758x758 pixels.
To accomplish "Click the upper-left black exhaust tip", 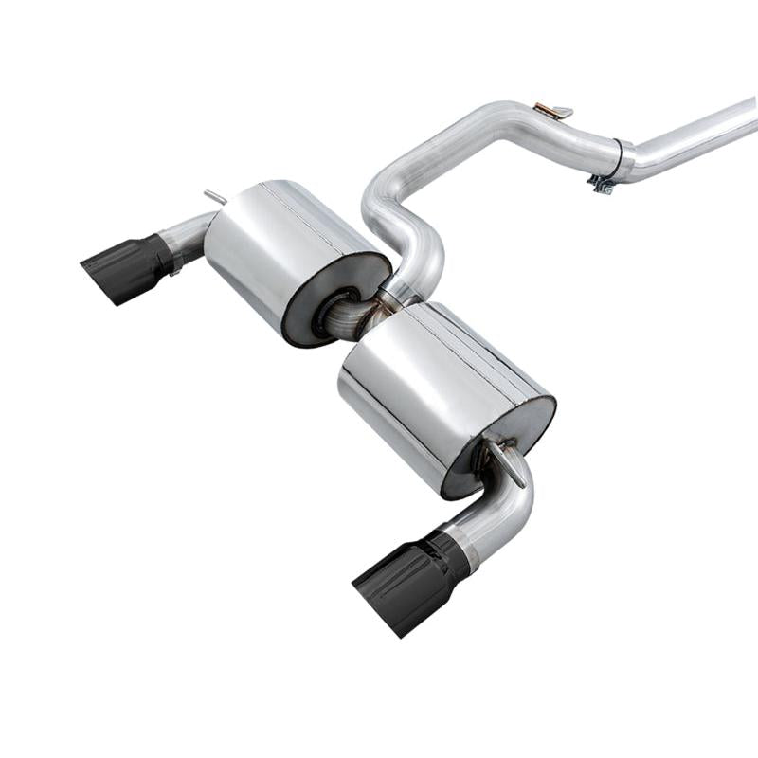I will (x=128, y=267).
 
